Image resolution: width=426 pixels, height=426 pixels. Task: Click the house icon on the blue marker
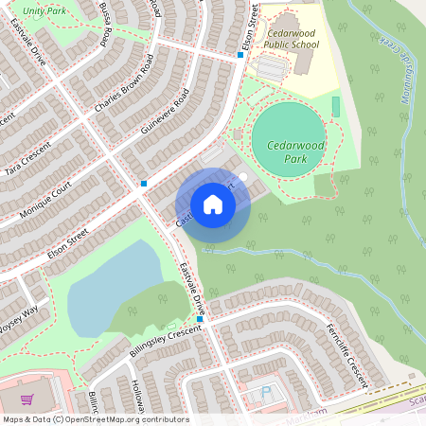coord(213,204)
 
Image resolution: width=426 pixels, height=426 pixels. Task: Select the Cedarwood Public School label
coord(291,38)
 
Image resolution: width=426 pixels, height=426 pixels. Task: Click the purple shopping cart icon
coord(27,399)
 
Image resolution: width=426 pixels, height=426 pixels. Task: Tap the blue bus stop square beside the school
coord(240,55)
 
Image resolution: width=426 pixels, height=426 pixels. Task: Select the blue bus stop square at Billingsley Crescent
coord(200,319)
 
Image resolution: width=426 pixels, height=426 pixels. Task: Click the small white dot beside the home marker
coord(243,176)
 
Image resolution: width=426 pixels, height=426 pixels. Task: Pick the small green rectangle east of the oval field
coord(335,106)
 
